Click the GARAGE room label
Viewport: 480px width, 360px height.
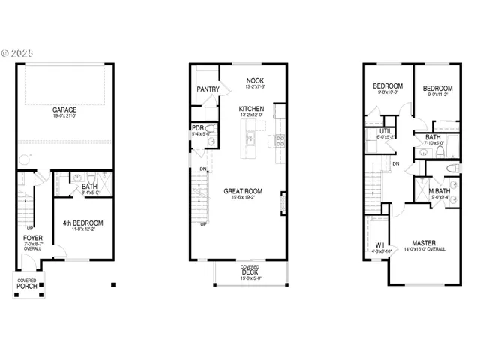coord(64,109)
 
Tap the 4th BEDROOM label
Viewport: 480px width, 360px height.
coord(82,223)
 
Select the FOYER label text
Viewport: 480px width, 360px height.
coord(32,238)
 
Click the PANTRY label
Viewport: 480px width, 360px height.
coord(208,89)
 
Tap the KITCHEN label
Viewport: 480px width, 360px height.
coord(251,109)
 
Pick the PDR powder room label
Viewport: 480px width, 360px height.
coord(198,128)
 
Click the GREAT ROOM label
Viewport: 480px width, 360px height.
coord(243,192)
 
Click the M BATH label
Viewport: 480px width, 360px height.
coord(439,192)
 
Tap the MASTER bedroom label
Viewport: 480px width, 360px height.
coord(424,242)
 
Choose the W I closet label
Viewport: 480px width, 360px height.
coord(380,245)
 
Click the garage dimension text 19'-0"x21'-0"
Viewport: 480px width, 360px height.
coord(64,115)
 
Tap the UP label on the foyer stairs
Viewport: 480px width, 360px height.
coord(29,228)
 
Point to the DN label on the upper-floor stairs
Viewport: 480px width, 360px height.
coord(395,163)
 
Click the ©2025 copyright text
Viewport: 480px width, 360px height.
coord(17,53)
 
